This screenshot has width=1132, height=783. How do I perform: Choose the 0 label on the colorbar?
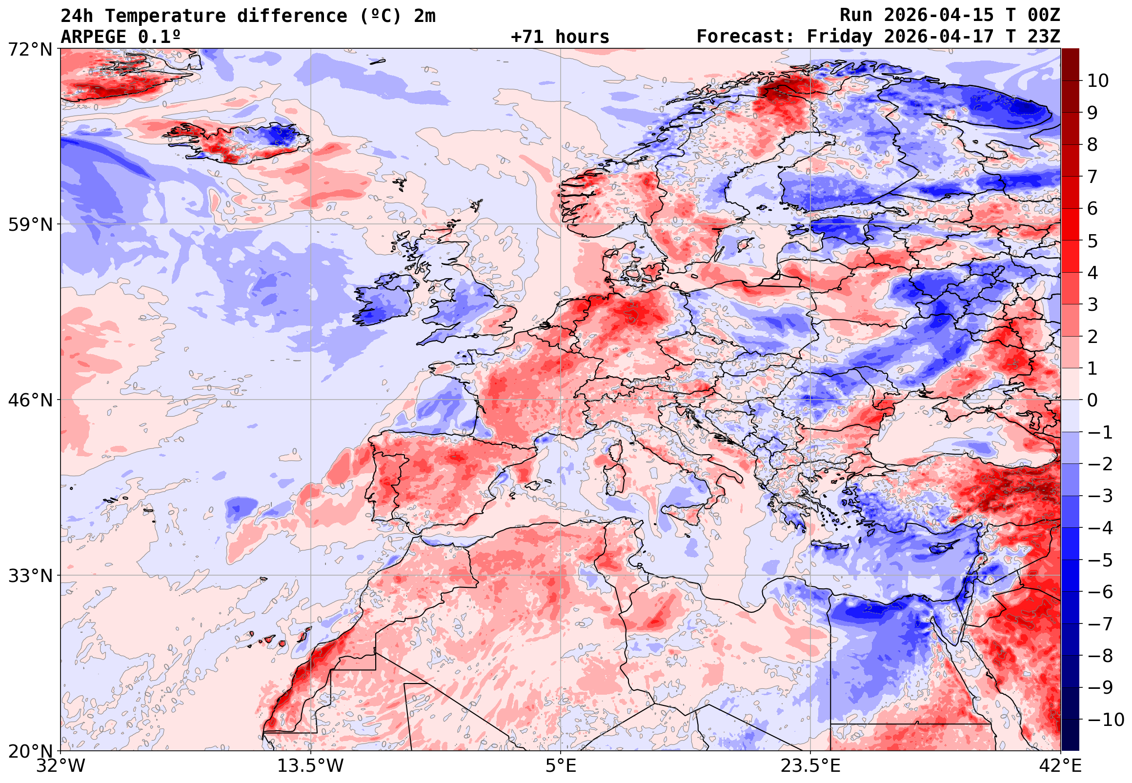click(x=1093, y=401)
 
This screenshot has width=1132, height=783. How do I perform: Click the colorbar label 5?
click(x=1093, y=241)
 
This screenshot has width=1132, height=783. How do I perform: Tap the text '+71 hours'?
click(x=560, y=37)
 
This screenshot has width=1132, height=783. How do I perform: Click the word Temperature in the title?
click(x=165, y=16)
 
